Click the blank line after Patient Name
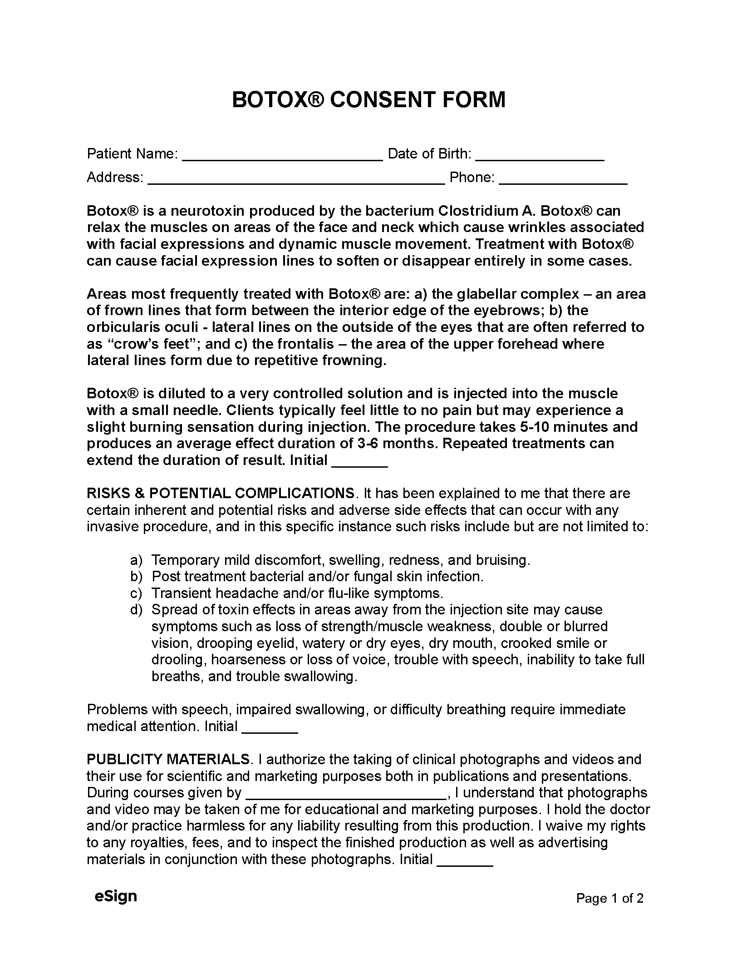click(282, 156)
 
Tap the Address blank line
click(296, 179)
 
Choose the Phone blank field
click(563, 179)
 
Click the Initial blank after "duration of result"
click(359, 462)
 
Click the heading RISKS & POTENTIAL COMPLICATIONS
click(221, 494)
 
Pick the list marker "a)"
click(136, 560)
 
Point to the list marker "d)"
click(136, 610)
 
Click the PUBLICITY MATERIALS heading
click(168, 759)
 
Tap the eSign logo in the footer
click(116, 896)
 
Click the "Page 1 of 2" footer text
click(609, 898)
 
